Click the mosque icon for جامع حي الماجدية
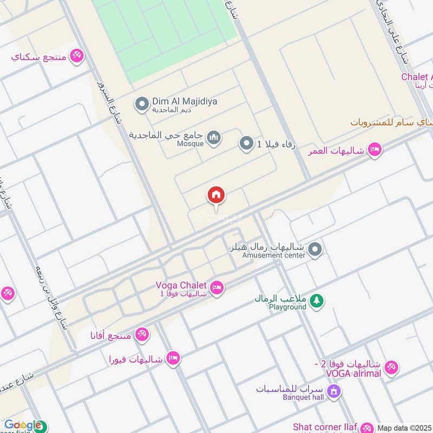click(214, 138)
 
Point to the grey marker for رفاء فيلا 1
click(247, 143)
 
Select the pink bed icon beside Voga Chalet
click(216, 288)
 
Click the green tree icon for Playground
click(317, 301)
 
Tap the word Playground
click(287, 307)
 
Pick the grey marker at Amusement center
click(316, 250)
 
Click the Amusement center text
click(274, 255)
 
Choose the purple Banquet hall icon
click(334, 390)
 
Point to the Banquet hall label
click(303, 397)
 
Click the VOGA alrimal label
click(353, 373)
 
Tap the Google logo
click(23, 425)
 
